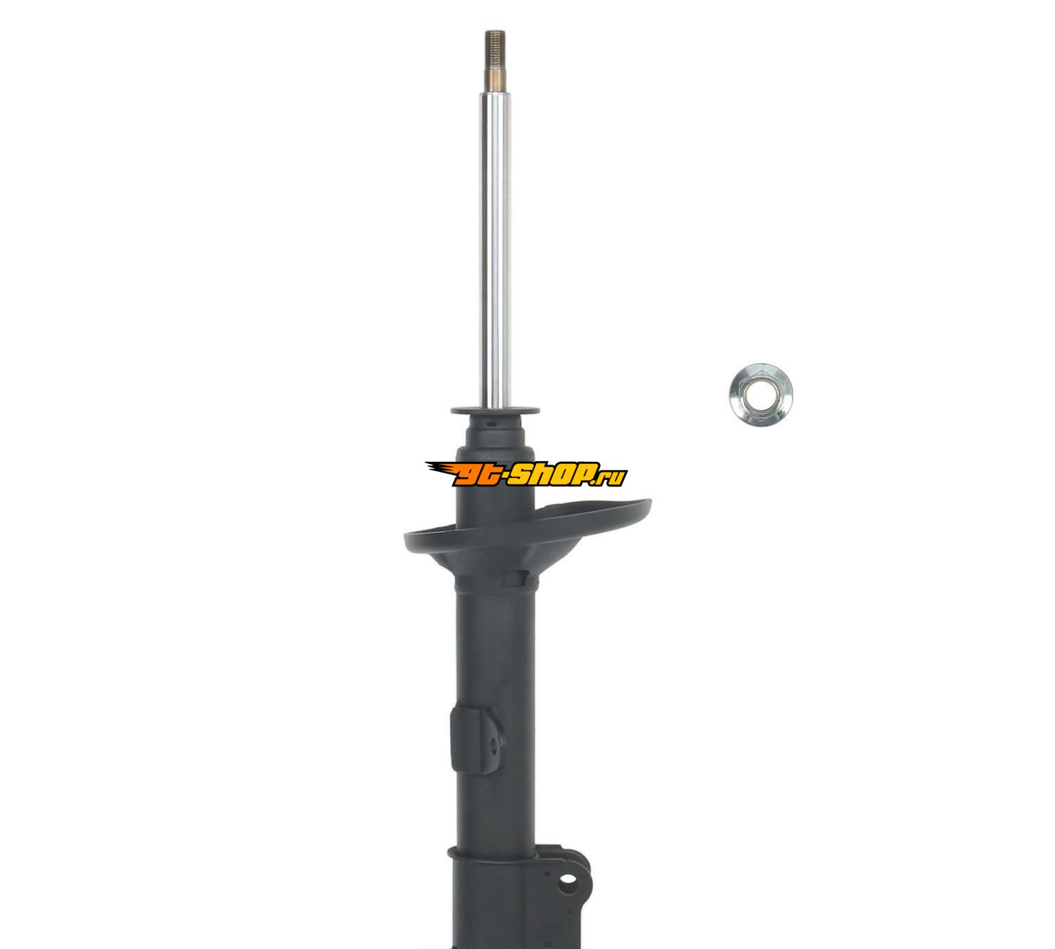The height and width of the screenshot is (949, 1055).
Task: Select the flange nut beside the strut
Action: click(760, 393)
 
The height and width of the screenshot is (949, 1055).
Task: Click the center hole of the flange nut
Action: click(760, 392)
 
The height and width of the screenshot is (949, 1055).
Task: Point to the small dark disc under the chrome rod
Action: click(495, 410)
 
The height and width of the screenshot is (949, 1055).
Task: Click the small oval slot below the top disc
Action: click(491, 422)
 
